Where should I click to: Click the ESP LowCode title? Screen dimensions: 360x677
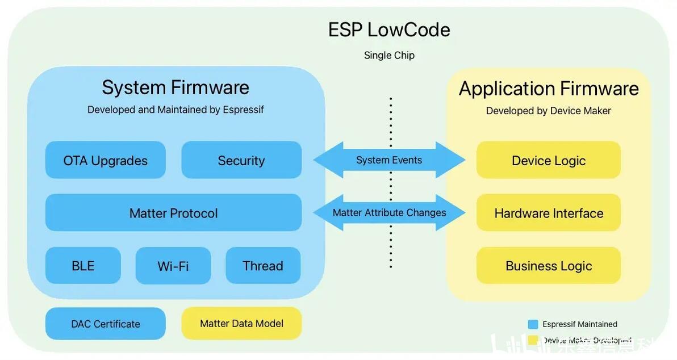tap(389, 30)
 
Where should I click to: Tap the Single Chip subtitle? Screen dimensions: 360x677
tap(389, 55)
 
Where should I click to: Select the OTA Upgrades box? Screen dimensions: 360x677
tap(106, 160)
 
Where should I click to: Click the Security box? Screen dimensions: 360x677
tap(241, 160)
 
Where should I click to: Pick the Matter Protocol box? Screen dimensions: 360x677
tap(173, 213)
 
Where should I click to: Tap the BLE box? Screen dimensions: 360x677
tap(83, 265)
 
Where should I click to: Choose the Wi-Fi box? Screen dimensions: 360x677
tap(173, 265)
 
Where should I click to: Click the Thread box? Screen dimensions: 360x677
tap(263, 265)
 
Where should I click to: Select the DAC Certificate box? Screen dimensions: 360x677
tap(106, 324)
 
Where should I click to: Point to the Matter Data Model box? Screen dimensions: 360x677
tap(241, 323)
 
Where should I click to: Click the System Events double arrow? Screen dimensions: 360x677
tap(389, 160)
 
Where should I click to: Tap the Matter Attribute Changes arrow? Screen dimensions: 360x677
tap(389, 213)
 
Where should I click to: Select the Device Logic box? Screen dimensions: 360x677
tap(549, 160)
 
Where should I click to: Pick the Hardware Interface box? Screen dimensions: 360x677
tap(549, 213)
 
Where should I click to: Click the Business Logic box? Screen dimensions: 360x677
tap(549, 265)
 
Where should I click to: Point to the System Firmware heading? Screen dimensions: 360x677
tap(175, 87)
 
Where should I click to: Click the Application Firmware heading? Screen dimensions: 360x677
tap(549, 89)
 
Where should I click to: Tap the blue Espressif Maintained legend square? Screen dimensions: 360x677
tap(533, 324)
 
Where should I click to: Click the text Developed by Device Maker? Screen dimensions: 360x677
tap(549, 111)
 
